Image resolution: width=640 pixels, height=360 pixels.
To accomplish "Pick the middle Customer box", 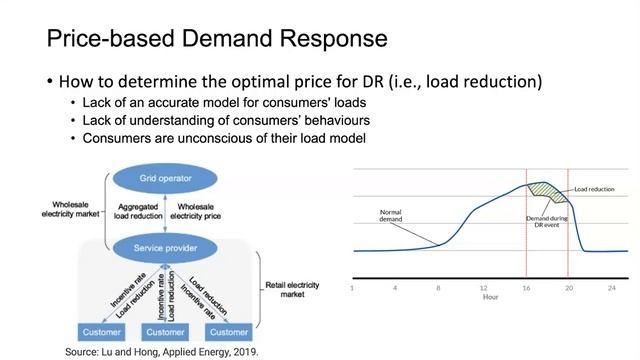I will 167,332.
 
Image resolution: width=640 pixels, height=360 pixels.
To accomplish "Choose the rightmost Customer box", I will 229,332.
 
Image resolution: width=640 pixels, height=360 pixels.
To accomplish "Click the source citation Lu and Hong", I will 161,352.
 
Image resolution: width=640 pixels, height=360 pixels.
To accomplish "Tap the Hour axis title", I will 490,297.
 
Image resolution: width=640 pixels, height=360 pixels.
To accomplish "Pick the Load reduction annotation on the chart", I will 594,188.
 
